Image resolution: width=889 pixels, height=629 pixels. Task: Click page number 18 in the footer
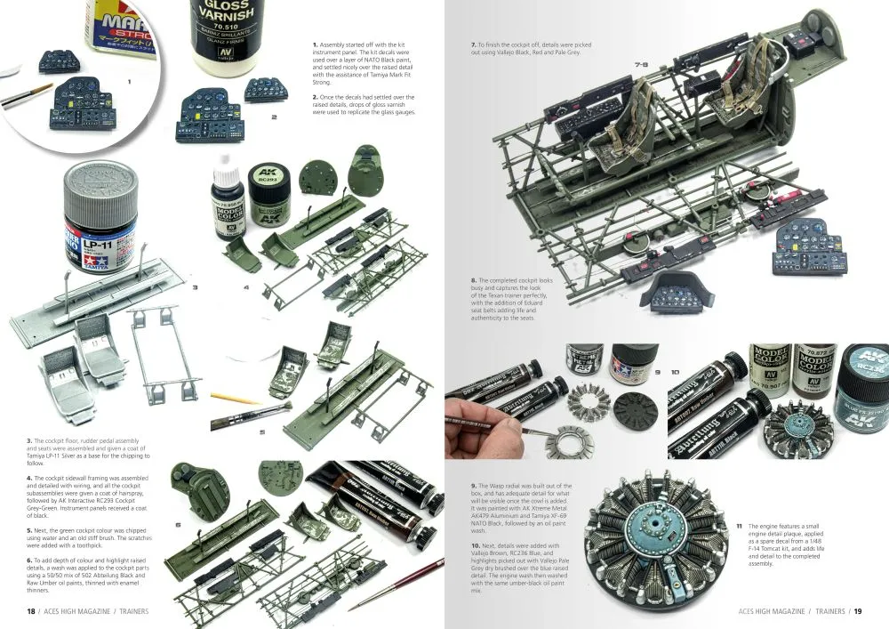pyautogui.click(x=30, y=611)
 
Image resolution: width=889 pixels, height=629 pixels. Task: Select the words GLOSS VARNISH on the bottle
pyautogui.click(x=223, y=10)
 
